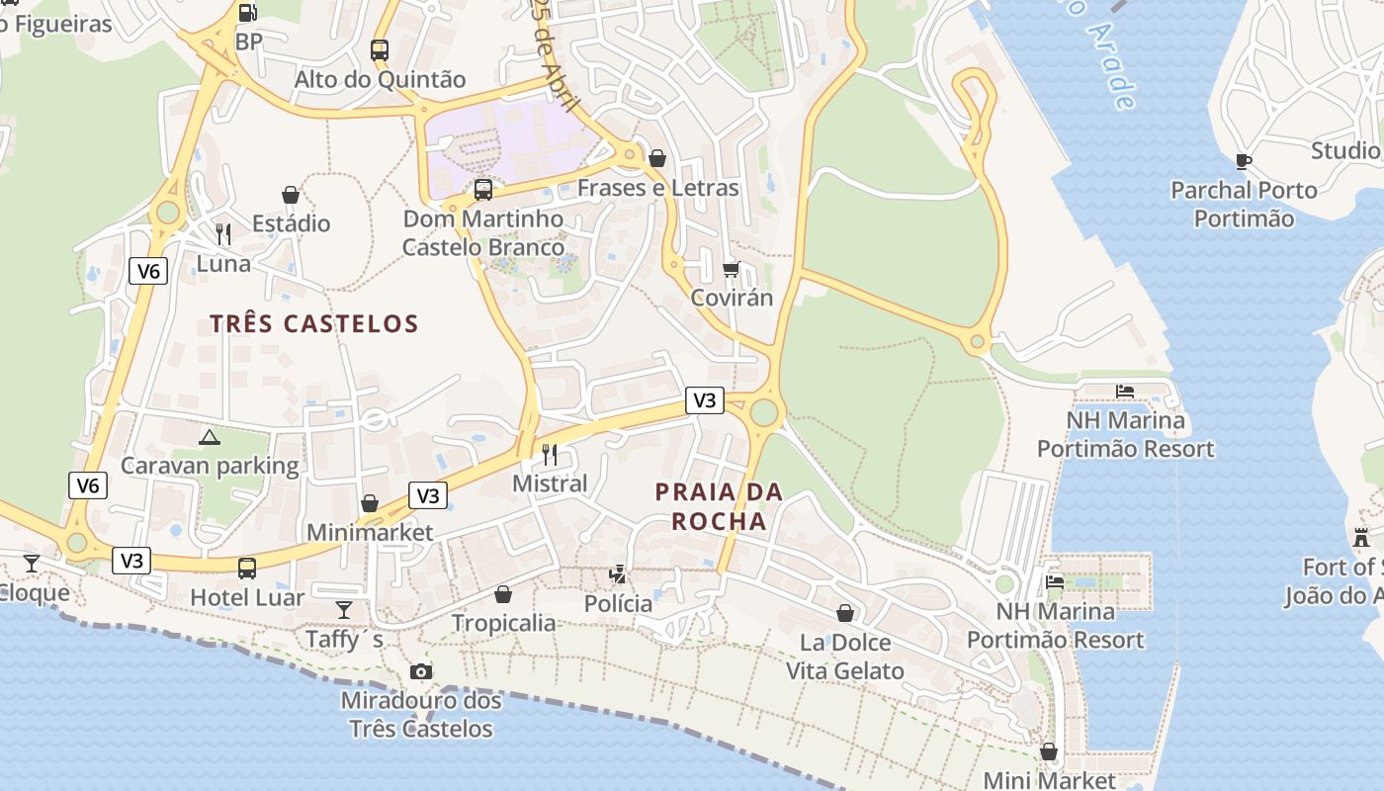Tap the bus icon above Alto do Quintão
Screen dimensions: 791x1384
click(x=380, y=49)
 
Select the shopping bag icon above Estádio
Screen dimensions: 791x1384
click(x=291, y=195)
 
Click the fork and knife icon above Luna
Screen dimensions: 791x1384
click(x=223, y=234)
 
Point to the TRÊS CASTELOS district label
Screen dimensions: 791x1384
click(x=314, y=323)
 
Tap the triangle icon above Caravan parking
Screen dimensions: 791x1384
click(x=209, y=437)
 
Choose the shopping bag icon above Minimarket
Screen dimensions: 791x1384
click(x=370, y=503)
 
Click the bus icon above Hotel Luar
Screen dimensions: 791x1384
click(x=247, y=569)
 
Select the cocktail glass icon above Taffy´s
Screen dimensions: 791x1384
click(x=344, y=609)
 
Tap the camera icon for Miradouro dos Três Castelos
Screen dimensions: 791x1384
click(x=421, y=672)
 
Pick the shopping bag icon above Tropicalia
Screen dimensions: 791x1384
click(x=503, y=594)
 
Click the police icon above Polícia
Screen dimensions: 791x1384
click(x=619, y=573)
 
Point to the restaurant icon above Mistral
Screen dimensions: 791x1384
click(x=550, y=454)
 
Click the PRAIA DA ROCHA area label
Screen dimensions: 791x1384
click(x=719, y=506)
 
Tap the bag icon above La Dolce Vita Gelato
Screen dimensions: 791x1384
click(x=845, y=613)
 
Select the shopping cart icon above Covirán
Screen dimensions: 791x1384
click(x=732, y=269)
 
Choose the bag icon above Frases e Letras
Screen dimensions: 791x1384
click(x=657, y=158)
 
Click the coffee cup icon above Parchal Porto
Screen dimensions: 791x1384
click(x=1244, y=161)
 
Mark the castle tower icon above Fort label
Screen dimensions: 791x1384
click(x=1361, y=538)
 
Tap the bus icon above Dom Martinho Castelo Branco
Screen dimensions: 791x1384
click(x=483, y=189)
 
